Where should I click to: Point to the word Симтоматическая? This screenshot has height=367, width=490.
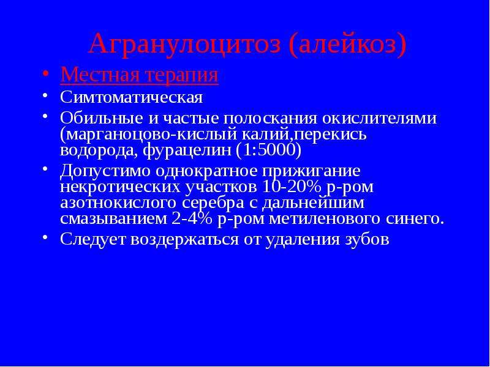[132, 97]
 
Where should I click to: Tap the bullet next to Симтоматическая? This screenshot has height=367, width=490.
[45, 95]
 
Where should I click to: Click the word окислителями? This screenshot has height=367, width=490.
[379, 119]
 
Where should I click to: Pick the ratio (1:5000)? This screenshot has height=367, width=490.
[269, 151]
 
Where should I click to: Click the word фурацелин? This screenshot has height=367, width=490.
[187, 151]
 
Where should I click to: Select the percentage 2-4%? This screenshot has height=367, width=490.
[191, 219]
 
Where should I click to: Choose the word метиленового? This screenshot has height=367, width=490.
[325, 219]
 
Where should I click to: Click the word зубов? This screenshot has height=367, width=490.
[366, 240]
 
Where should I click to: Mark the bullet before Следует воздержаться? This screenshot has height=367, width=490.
[45, 237]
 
